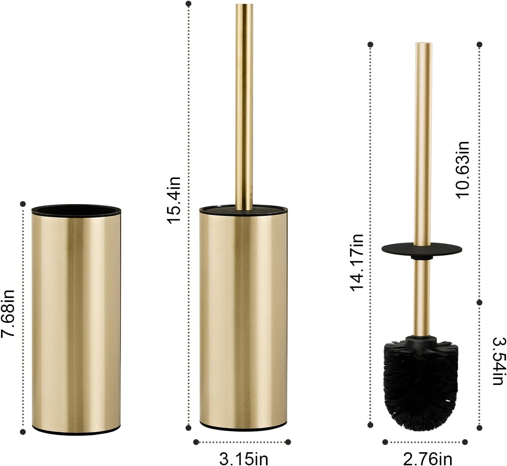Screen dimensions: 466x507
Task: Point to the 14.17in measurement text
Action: pyautogui.click(x=357, y=262)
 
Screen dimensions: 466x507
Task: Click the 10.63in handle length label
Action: pyautogui.click(x=463, y=169)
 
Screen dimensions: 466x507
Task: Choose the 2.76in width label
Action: pyautogui.click(x=427, y=458)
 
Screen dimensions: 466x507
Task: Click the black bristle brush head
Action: pyautogui.click(x=421, y=377)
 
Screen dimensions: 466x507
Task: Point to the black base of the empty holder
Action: pyautogui.click(x=76, y=432)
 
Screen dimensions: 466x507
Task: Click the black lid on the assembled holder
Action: pyautogui.click(x=244, y=210)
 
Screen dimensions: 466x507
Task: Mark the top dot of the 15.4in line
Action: pyautogui.click(x=188, y=4)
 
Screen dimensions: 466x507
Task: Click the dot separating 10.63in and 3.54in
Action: pyautogui.click(x=479, y=302)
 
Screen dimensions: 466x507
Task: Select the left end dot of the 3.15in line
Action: pyautogui.click(x=196, y=442)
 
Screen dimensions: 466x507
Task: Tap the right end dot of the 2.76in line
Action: pyautogui.click(x=465, y=442)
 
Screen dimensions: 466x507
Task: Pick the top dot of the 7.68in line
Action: pyautogui.click(x=23, y=204)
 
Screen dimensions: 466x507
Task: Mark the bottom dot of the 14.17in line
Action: pyautogui.click(x=370, y=425)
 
